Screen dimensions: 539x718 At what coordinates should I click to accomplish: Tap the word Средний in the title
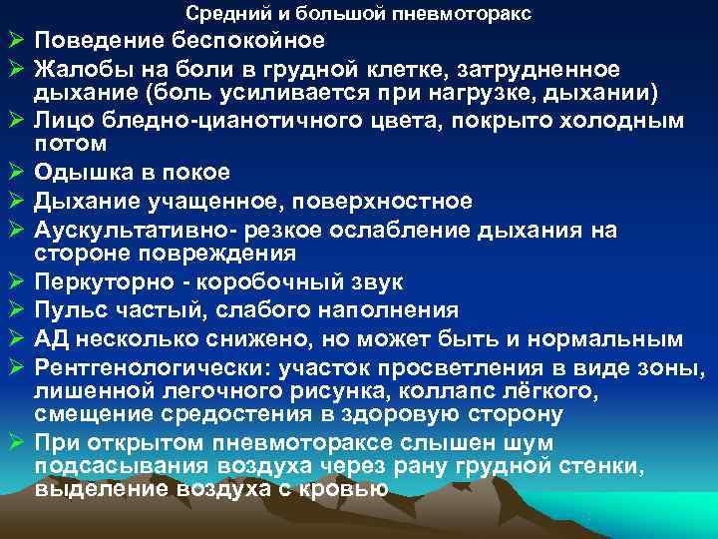218,14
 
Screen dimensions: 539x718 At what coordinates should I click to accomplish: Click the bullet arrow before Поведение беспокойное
14,42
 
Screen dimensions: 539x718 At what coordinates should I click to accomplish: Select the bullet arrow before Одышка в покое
14,174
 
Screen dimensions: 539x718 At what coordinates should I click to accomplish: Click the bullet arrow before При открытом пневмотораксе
14,441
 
